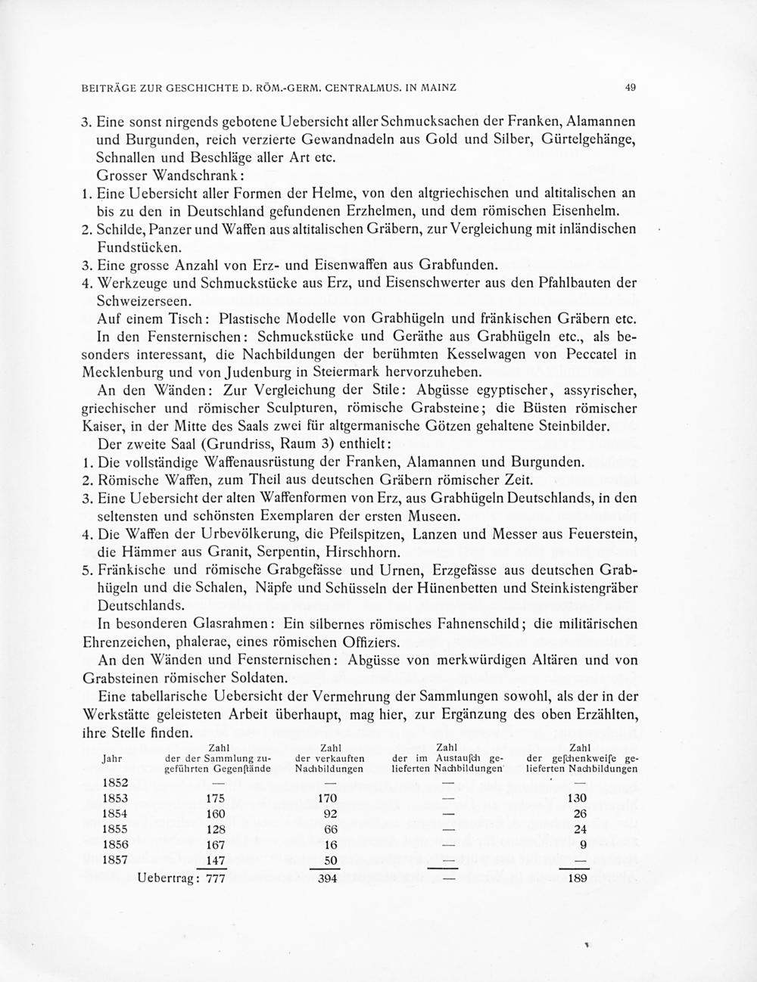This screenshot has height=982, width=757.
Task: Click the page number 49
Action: pyautogui.click(x=631, y=88)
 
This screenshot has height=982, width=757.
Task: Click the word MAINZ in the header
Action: pyautogui.click(x=433, y=88)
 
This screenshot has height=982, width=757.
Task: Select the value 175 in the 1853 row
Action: pyautogui.click(x=216, y=798)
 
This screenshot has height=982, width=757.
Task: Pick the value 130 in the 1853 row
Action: pyautogui.click(x=576, y=798)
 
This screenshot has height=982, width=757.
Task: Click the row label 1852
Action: pyautogui.click(x=115, y=783)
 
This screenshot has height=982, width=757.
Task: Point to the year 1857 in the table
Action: pyautogui.click(x=115, y=860)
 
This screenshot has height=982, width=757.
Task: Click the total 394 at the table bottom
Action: pyautogui.click(x=327, y=878)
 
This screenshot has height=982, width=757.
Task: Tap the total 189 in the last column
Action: pyautogui.click(x=577, y=878)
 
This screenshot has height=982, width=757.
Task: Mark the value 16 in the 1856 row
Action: pyautogui.click(x=330, y=844)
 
